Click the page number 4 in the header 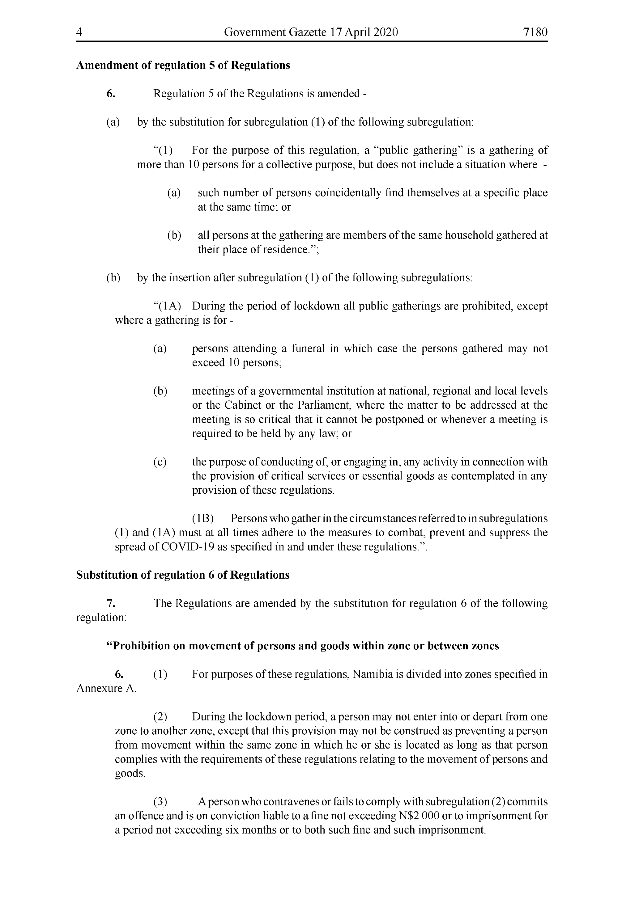click(x=79, y=32)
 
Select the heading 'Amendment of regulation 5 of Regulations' click(x=183, y=65)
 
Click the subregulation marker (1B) click(x=202, y=518)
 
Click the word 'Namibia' click(x=372, y=674)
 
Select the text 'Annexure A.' click(x=106, y=688)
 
